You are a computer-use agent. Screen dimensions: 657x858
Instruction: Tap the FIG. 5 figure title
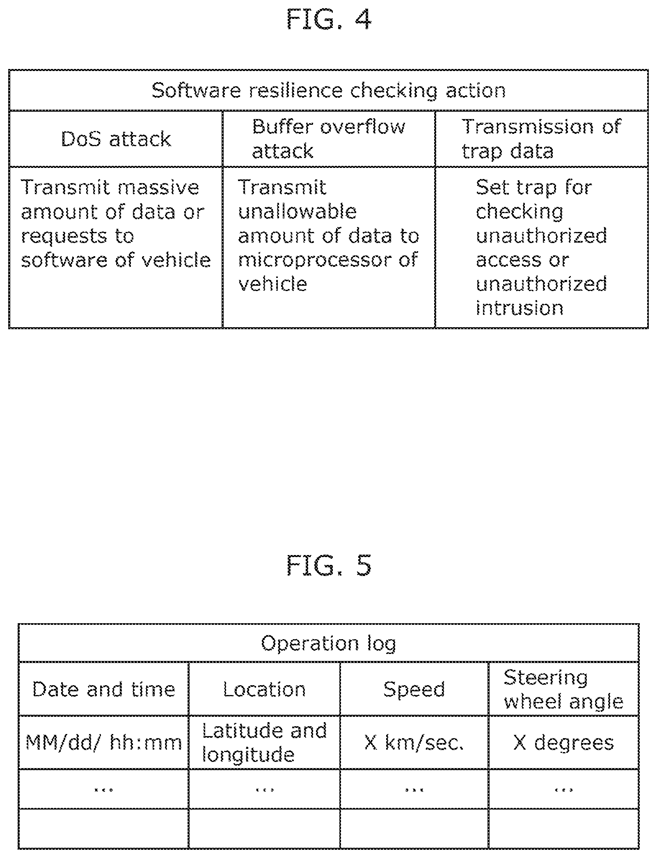(x=329, y=565)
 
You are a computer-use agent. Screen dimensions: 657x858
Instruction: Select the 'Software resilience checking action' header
(x=329, y=91)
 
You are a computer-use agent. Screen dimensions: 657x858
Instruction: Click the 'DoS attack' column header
(x=116, y=139)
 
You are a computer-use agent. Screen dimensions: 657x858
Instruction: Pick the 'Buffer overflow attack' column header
(x=328, y=139)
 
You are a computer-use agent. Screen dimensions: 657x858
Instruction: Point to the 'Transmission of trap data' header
(x=542, y=139)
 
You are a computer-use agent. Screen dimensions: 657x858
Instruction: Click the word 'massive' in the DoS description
(x=158, y=188)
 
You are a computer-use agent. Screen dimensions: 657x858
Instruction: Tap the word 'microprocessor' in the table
(x=315, y=260)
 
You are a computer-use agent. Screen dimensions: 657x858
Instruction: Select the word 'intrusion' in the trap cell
(x=520, y=308)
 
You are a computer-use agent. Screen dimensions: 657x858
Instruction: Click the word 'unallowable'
(x=298, y=212)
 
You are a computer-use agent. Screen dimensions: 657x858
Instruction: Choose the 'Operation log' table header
(x=329, y=644)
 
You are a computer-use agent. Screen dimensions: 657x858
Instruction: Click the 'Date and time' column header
(x=103, y=689)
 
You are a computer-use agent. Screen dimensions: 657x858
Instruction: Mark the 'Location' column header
(x=264, y=689)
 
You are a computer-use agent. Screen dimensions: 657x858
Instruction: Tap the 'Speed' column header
(x=414, y=689)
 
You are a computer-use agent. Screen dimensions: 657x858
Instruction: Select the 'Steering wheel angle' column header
(x=563, y=689)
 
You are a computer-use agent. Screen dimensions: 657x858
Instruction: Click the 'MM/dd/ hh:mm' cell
(x=103, y=743)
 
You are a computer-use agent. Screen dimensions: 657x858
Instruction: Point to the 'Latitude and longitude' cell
(x=264, y=743)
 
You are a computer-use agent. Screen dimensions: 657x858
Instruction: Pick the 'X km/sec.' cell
(x=414, y=743)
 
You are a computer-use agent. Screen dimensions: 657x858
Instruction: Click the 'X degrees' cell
(x=563, y=743)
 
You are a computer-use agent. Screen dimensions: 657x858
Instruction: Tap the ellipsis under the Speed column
(x=414, y=789)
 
